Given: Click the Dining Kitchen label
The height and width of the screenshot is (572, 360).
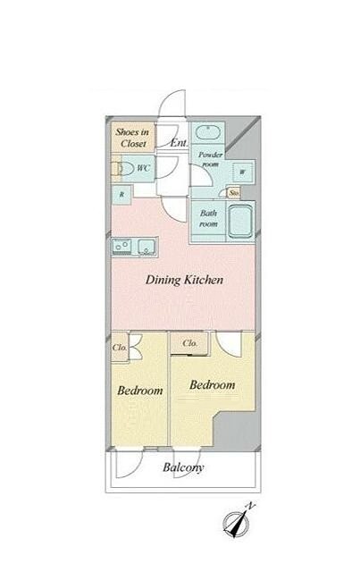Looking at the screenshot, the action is [x=184, y=280].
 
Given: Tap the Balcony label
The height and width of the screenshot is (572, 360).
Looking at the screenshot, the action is [x=183, y=467].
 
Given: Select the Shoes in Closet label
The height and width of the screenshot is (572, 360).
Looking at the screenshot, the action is [x=132, y=138].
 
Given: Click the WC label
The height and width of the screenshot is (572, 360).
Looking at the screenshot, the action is [x=144, y=168].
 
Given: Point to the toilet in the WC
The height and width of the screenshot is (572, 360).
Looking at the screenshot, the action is [x=123, y=169].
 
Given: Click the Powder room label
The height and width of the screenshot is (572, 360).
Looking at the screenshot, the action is [x=210, y=159].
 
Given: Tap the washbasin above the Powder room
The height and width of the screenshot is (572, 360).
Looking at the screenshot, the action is [x=207, y=131].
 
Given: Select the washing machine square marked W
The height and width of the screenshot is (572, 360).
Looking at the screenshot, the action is [x=243, y=172].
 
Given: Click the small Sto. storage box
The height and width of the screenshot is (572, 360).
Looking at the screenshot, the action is [x=234, y=192].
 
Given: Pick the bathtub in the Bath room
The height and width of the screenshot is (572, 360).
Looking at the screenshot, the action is [x=240, y=221].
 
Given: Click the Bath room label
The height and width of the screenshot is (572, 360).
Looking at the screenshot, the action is [x=208, y=218].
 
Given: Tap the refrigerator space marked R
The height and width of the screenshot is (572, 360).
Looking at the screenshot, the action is [x=121, y=195].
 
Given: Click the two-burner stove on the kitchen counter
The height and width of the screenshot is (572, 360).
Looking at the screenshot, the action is [x=122, y=246].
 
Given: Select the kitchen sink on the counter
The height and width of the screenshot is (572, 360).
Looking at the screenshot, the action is [x=147, y=247].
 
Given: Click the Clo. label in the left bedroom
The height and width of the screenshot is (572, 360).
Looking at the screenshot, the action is [x=120, y=348].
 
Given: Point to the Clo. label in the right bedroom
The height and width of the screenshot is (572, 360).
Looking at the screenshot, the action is [x=190, y=343].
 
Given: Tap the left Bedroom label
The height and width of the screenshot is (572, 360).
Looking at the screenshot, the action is [x=140, y=391].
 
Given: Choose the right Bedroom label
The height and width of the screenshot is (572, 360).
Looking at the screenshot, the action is [x=213, y=385].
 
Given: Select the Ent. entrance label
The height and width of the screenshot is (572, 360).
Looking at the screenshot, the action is [x=179, y=143].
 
